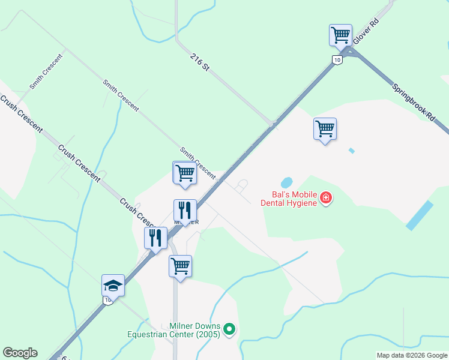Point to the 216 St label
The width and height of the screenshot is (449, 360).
[199, 62]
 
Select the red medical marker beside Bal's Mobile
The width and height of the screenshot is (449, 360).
[326, 197]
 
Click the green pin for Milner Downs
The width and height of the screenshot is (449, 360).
[229, 329]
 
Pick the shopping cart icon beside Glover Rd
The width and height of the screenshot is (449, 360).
[340, 35]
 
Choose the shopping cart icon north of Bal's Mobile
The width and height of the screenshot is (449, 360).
[325, 128]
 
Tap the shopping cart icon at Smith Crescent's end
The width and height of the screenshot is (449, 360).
[185, 173]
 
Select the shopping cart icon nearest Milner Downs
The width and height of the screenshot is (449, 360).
[180, 265]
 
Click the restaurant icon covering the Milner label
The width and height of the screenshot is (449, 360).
[185, 210]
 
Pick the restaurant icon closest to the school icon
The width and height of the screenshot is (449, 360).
[155, 238]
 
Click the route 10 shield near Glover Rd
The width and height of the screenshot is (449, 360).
[337, 59]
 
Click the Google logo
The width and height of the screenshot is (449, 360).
[20, 353]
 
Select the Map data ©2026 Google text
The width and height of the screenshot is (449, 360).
[412, 355]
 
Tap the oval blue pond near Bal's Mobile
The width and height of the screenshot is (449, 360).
[287, 182]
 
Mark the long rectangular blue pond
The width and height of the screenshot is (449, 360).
[420, 215]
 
